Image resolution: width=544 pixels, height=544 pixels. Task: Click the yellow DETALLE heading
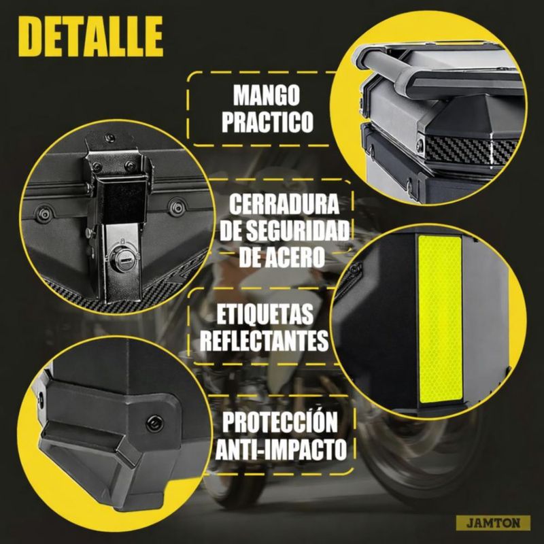click(90, 36)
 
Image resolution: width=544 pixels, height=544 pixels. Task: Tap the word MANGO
click(266, 95)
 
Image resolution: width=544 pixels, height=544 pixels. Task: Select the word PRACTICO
click(267, 122)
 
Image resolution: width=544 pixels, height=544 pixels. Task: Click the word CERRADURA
click(284, 205)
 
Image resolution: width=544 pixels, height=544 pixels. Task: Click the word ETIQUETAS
click(265, 315)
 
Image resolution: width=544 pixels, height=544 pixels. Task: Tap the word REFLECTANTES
click(264, 341)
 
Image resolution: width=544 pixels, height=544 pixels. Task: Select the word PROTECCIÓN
click(280, 422)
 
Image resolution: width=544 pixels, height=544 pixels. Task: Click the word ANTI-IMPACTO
click(281, 449)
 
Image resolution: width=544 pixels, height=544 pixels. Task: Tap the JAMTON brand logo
click(493, 523)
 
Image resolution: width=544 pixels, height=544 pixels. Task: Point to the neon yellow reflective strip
click(441, 319)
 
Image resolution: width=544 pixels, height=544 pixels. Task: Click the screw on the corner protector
click(155, 424)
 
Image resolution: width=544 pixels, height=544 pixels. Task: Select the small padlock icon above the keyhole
click(122, 241)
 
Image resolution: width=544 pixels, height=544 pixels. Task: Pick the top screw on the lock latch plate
click(110, 137)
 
